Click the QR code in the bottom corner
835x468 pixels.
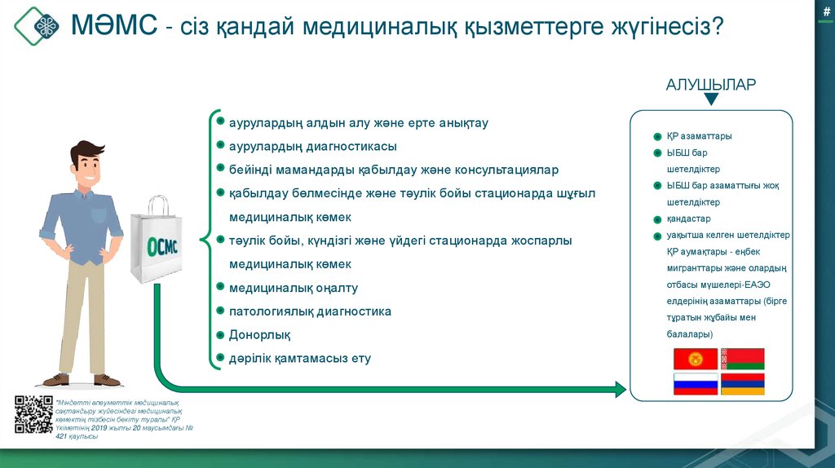(33, 413)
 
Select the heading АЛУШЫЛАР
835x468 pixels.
(710, 85)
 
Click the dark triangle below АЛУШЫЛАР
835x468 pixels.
(711, 99)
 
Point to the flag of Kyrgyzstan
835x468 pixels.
(695, 359)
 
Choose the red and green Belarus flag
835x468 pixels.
(742, 359)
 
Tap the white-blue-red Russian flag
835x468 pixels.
(695, 384)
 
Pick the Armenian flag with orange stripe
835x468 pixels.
(742, 384)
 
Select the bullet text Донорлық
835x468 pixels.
(259, 335)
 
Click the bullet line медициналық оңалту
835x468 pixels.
(293, 288)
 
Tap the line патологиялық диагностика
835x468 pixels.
(310, 311)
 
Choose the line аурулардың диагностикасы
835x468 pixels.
(312, 147)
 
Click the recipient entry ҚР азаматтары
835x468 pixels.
(698, 136)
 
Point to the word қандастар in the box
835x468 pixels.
(688, 219)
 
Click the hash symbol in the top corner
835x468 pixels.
(826, 9)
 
